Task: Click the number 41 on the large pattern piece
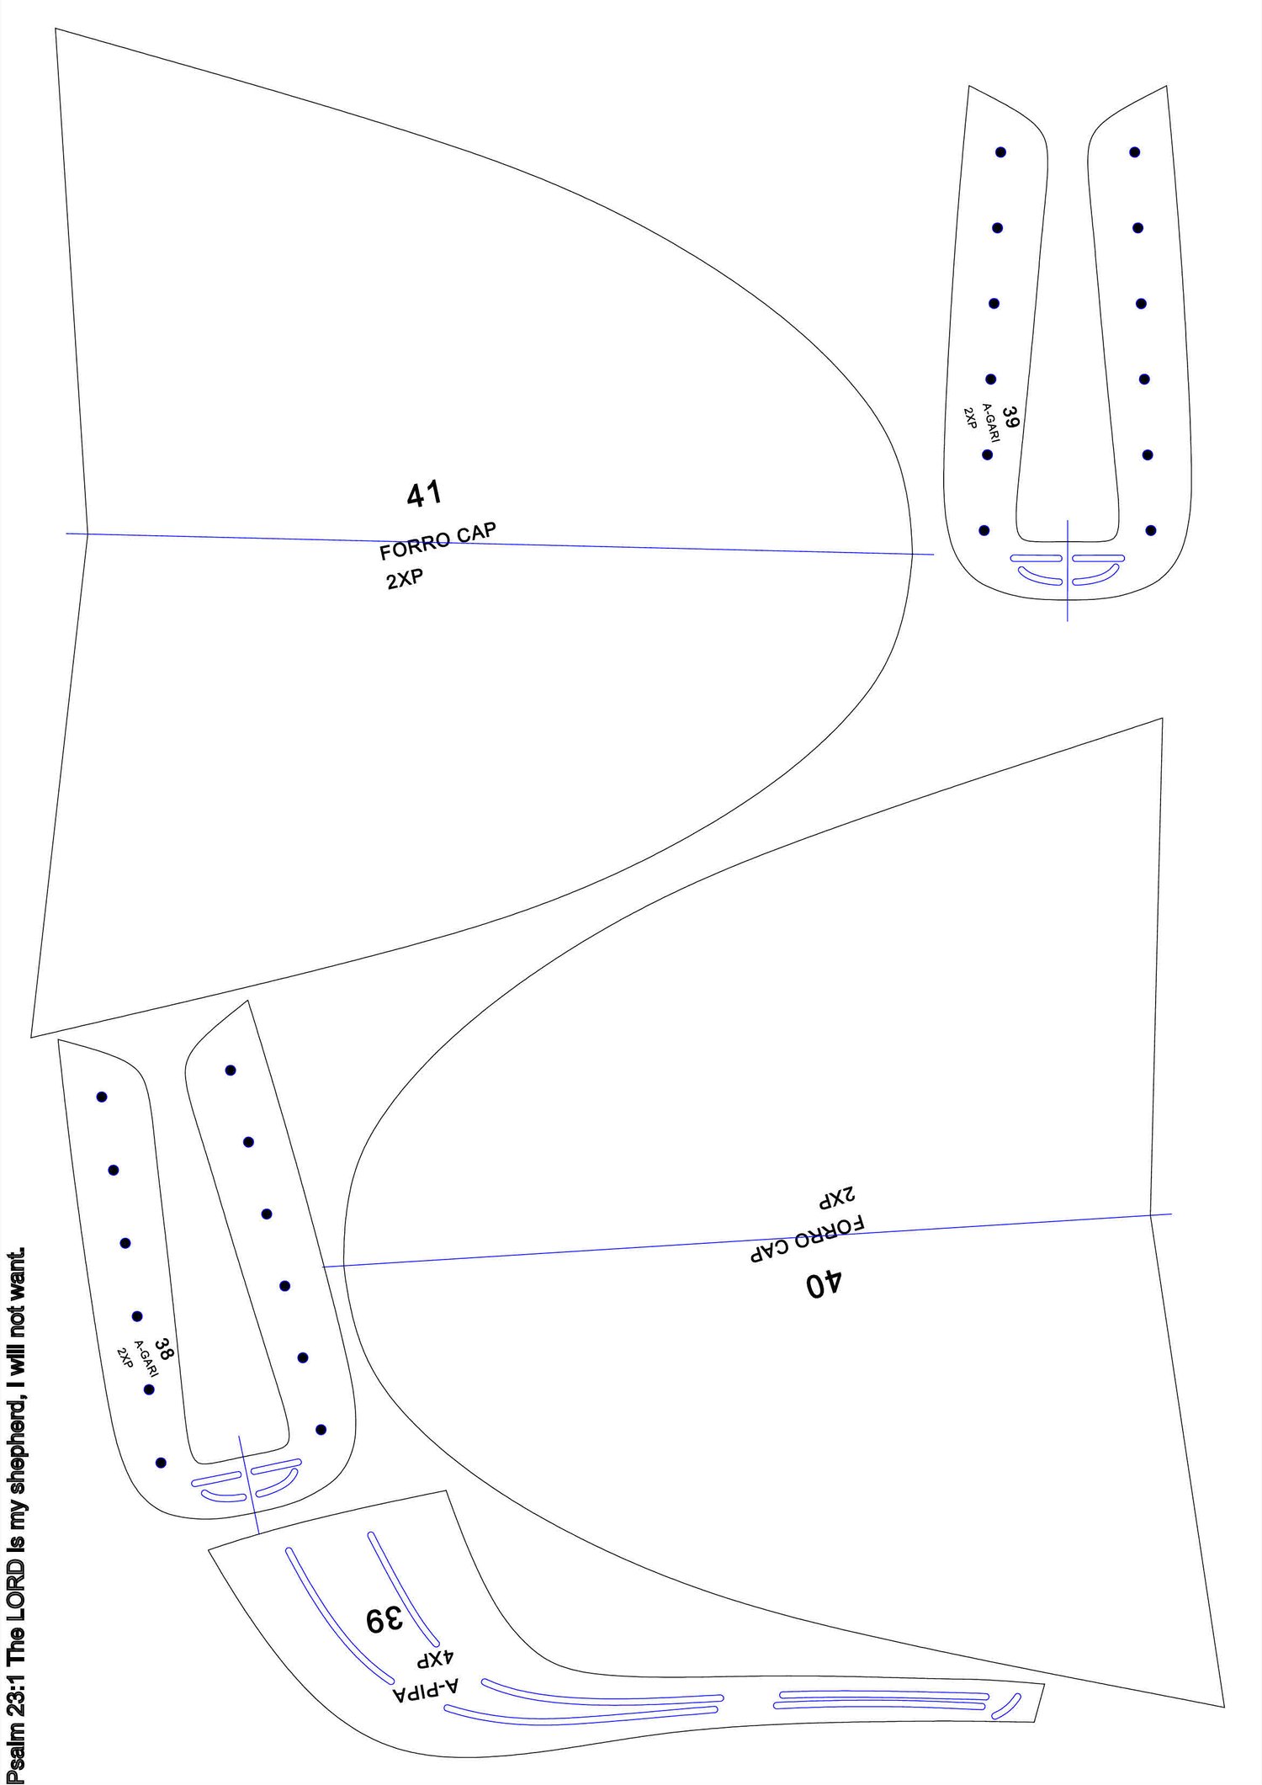tap(424, 494)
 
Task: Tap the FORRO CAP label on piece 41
tap(437, 541)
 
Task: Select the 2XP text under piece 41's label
tap(405, 579)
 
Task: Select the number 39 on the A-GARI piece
tap(1011, 417)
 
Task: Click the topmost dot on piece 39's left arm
tap(1000, 152)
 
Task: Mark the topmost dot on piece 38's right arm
tap(231, 1070)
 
